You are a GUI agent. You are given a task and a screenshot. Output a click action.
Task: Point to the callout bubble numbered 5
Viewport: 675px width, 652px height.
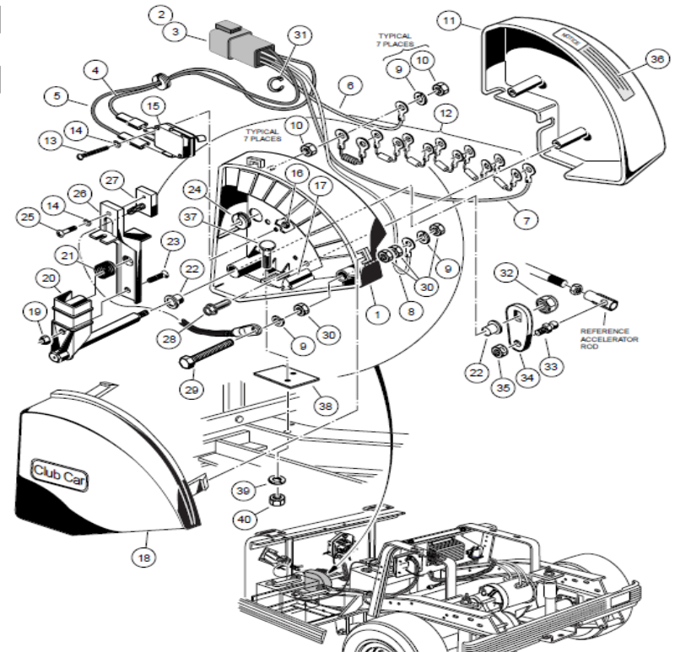[57, 96]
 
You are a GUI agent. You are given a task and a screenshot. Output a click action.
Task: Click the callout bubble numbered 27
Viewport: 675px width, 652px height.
[112, 180]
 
